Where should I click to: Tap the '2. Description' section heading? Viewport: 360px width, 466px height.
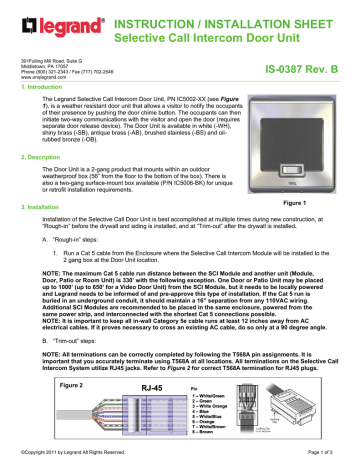(32, 156)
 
